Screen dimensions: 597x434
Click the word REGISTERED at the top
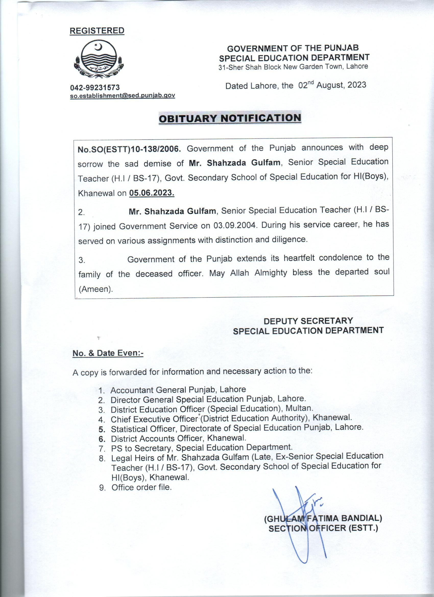coord(97,31)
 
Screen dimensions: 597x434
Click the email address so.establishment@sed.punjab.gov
coord(123,96)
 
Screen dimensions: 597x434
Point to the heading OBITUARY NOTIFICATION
coord(230,118)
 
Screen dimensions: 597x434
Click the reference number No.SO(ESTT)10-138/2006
coord(129,149)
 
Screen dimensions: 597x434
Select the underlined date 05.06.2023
coord(152,193)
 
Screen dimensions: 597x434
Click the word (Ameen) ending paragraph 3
coord(95,289)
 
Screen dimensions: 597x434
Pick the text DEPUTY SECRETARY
coord(308,321)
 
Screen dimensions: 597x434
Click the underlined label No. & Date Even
coord(108,353)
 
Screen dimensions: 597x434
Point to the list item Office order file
coord(141,487)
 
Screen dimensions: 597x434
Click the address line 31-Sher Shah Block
coord(293,67)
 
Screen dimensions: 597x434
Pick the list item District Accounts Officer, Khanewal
coord(178,438)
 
